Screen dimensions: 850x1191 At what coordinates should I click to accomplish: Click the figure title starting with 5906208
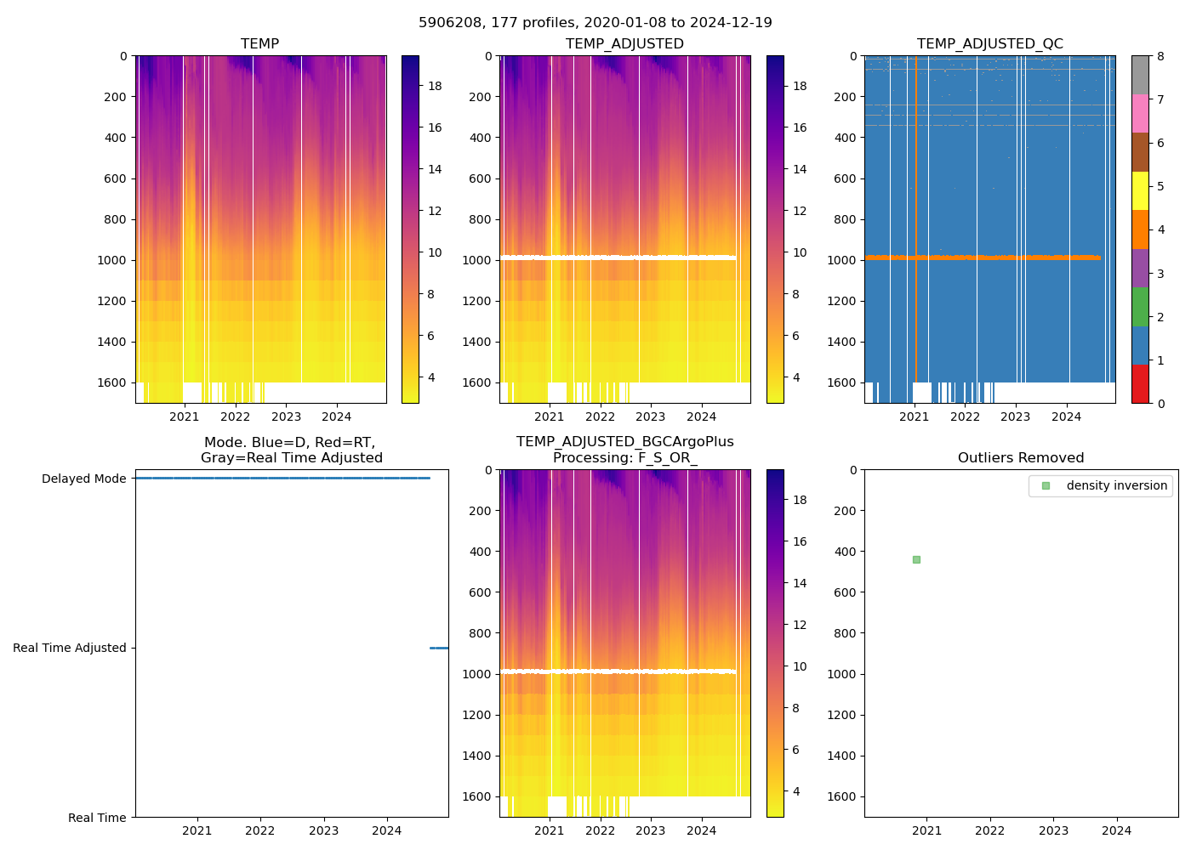[x=595, y=23]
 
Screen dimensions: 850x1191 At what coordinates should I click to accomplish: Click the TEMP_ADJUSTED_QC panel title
[x=989, y=43]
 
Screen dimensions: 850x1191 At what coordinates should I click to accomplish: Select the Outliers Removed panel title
[x=1021, y=458]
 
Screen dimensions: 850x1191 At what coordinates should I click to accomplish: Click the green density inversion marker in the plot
[x=916, y=559]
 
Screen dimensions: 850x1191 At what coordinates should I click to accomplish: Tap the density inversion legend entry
[x=1116, y=485]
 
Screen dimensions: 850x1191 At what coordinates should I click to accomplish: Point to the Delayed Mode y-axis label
[x=83, y=479]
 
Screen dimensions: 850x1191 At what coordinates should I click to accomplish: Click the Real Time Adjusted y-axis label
[x=69, y=648]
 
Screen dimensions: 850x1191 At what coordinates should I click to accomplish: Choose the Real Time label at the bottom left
[x=97, y=818]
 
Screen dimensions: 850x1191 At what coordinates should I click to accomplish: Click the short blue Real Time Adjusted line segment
[x=439, y=648]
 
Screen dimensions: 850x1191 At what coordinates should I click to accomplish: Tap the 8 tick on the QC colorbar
[x=1160, y=56]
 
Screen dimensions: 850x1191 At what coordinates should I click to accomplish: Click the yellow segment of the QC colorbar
[x=1140, y=191]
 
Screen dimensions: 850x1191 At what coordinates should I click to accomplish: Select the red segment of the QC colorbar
[x=1140, y=383]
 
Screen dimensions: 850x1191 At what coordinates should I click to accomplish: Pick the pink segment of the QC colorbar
[x=1140, y=113]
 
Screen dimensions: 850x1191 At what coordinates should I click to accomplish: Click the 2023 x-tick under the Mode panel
[x=323, y=830]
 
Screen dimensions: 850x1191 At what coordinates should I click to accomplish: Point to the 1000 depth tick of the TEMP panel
[x=111, y=260]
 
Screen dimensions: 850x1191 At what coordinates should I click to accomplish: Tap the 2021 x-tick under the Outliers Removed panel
[x=926, y=830]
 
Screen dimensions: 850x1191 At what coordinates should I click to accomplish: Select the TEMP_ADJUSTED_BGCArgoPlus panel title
[x=624, y=450]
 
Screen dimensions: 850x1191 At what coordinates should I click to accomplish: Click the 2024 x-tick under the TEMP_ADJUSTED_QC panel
[x=1066, y=416]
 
